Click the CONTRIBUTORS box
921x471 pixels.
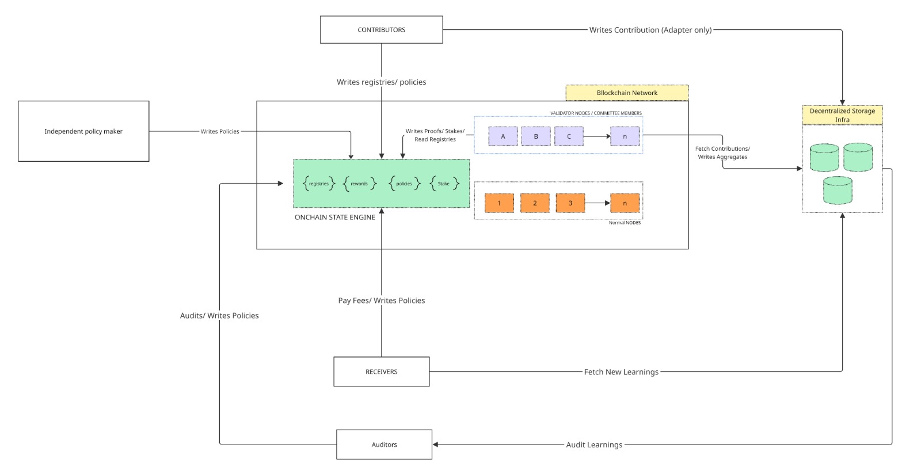coord(381,30)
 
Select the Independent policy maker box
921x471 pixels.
coord(83,131)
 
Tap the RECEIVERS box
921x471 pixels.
coord(381,371)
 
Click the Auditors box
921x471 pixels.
coord(384,445)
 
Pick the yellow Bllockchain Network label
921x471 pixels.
coord(627,93)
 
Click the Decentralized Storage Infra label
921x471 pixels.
coord(842,115)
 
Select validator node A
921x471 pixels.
coord(503,136)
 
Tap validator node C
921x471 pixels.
coord(569,136)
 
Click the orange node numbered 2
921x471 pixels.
coord(535,203)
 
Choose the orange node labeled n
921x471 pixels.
coord(625,203)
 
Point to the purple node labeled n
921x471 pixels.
coord(625,136)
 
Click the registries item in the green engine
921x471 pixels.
coord(318,184)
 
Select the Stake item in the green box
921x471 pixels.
coord(444,184)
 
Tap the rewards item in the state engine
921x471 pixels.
coord(359,184)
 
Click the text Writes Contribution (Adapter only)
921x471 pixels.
coord(650,30)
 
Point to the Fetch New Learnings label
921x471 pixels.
coord(621,372)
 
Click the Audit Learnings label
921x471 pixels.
coord(594,445)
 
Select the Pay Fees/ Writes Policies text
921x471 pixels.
coord(381,301)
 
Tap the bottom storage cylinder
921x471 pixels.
coord(838,191)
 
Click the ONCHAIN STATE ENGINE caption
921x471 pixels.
coord(334,218)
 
